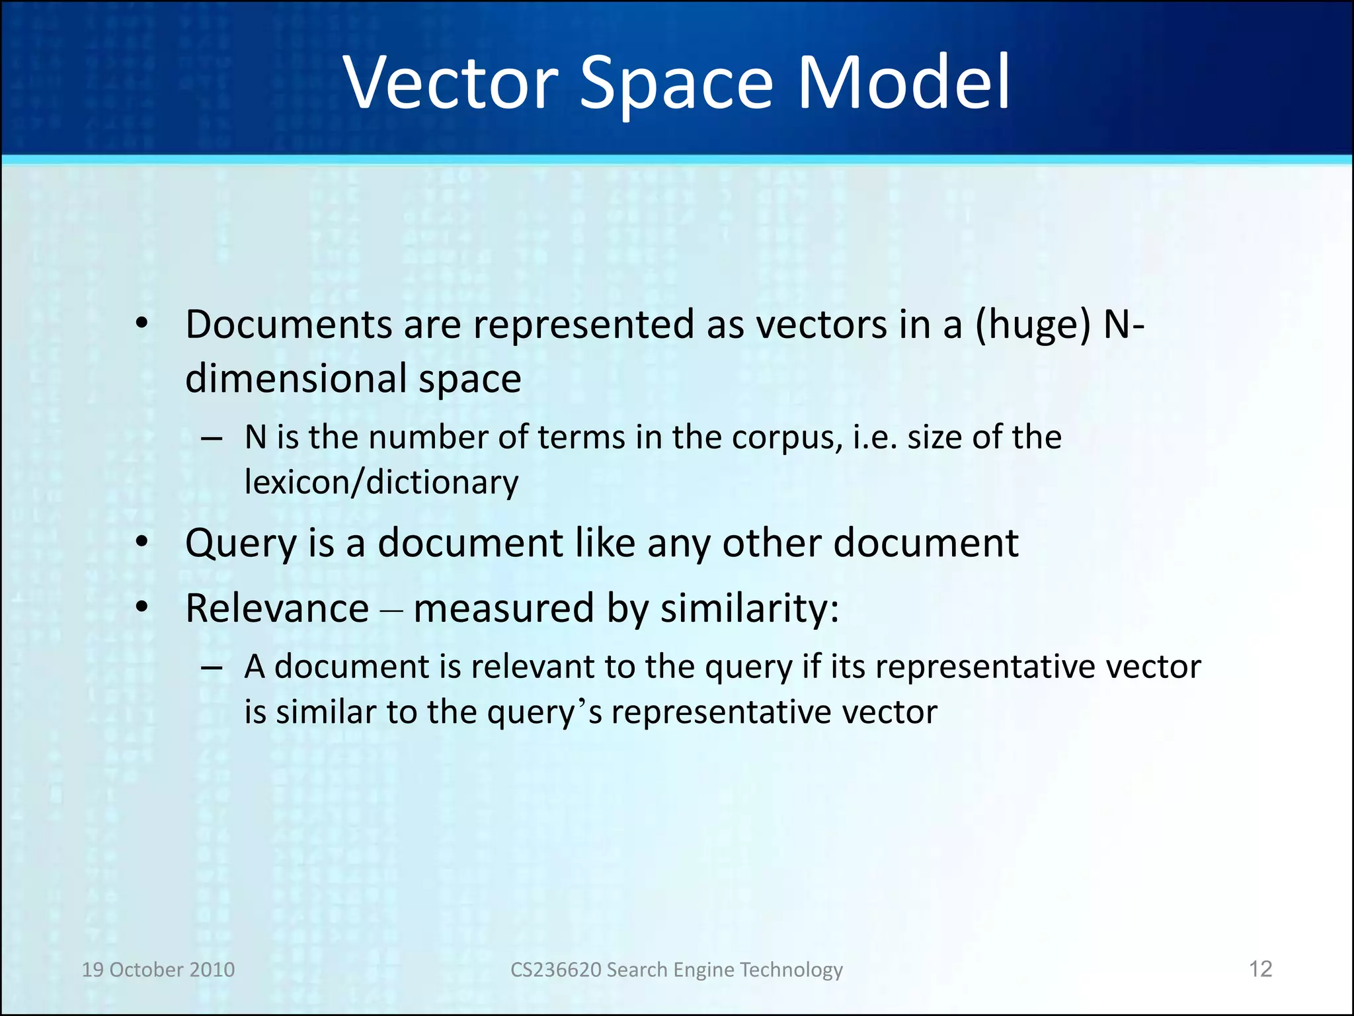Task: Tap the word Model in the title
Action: click(x=904, y=83)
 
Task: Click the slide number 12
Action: click(x=1260, y=969)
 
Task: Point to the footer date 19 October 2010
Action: click(x=158, y=970)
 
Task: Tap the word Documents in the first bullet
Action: click(x=289, y=325)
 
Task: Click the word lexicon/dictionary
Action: click(x=381, y=482)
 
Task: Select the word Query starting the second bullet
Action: click(x=241, y=544)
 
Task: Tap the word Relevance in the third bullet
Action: click(x=277, y=609)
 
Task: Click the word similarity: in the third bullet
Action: click(x=750, y=609)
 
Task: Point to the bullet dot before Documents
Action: click(x=141, y=324)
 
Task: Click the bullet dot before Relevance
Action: click(x=141, y=607)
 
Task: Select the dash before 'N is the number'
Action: click(x=212, y=439)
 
